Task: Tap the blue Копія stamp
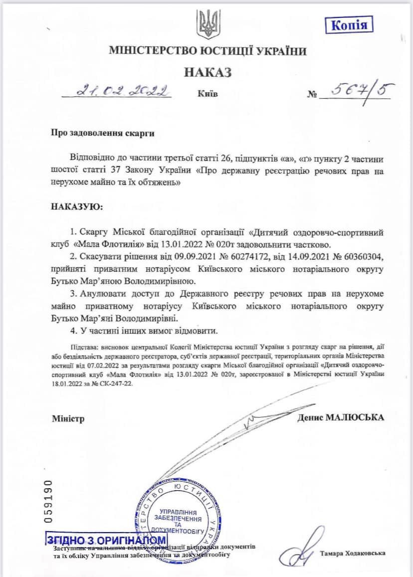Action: click(x=349, y=25)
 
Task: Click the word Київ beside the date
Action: click(x=207, y=94)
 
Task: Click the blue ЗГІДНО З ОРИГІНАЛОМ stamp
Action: click(x=106, y=540)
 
